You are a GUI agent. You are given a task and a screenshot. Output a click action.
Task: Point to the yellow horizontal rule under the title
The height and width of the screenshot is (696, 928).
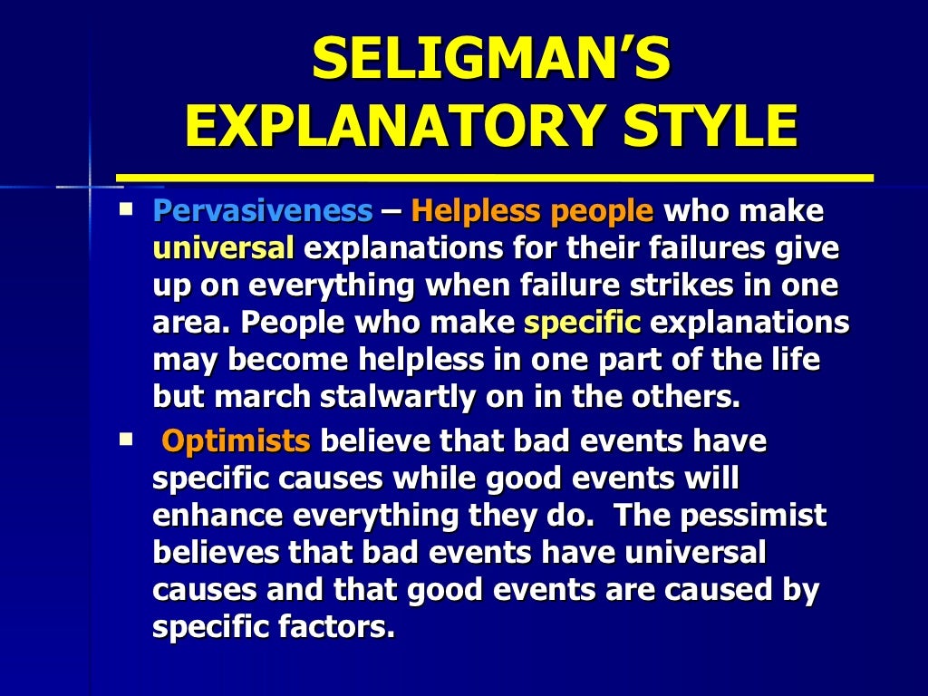click(x=494, y=178)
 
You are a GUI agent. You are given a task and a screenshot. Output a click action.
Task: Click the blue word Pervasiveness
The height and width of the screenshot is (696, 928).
click(x=263, y=212)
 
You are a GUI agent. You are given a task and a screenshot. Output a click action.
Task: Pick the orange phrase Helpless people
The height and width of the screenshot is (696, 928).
click(x=532, y=212)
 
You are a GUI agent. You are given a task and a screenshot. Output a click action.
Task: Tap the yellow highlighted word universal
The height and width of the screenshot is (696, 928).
click(x=224, y=248)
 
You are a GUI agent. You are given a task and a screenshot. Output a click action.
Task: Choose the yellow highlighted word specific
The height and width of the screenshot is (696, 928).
click(x=583, y=322)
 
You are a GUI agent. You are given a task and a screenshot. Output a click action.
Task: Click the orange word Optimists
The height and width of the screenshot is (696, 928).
click(x=236, y=442)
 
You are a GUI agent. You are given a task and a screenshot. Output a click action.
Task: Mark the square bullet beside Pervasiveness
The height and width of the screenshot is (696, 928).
click(x=125, y=209)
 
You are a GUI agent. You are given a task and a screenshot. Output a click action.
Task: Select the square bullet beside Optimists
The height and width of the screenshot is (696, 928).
click(x=125, y=440)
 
